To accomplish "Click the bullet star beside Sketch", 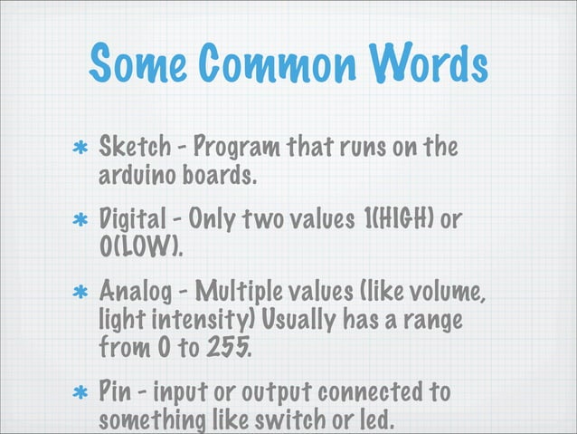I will pyautogui.click(x=80, y=149).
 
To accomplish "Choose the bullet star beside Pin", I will pyautogui.click(x=80, y=397).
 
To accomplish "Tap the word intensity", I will pyautogui.click(x=184, y=321).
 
